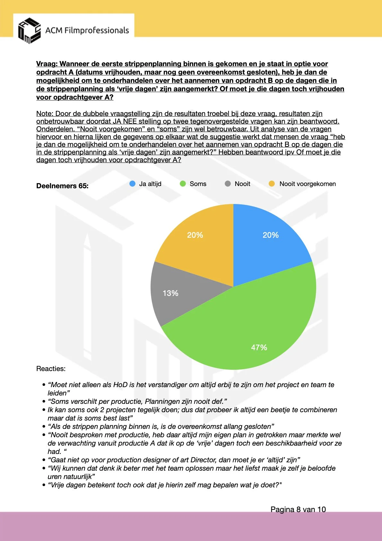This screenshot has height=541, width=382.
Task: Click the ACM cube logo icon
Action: [29, 31]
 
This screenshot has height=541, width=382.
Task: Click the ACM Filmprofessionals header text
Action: [87, 31]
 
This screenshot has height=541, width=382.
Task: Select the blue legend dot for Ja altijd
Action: [132, 184]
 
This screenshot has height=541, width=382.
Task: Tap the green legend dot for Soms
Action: [183, 184]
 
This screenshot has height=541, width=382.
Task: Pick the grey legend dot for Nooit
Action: [228, 184]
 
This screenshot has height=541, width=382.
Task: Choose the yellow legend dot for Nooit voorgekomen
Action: [272, 184]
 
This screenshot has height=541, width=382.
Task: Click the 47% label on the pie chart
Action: [259, 347]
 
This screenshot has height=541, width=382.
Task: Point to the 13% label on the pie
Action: [170, 293]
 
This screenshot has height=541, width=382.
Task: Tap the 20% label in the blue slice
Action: [270, 235]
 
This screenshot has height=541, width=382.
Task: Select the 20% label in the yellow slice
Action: [195, 235]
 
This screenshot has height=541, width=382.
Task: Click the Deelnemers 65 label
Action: [62, 186]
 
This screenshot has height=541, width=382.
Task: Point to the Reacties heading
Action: [51, 369]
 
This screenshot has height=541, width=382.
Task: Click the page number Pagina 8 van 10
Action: [298, 510]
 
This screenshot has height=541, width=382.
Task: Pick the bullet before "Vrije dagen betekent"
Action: [44, 485]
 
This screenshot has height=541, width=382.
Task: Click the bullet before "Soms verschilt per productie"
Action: [44, 402]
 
